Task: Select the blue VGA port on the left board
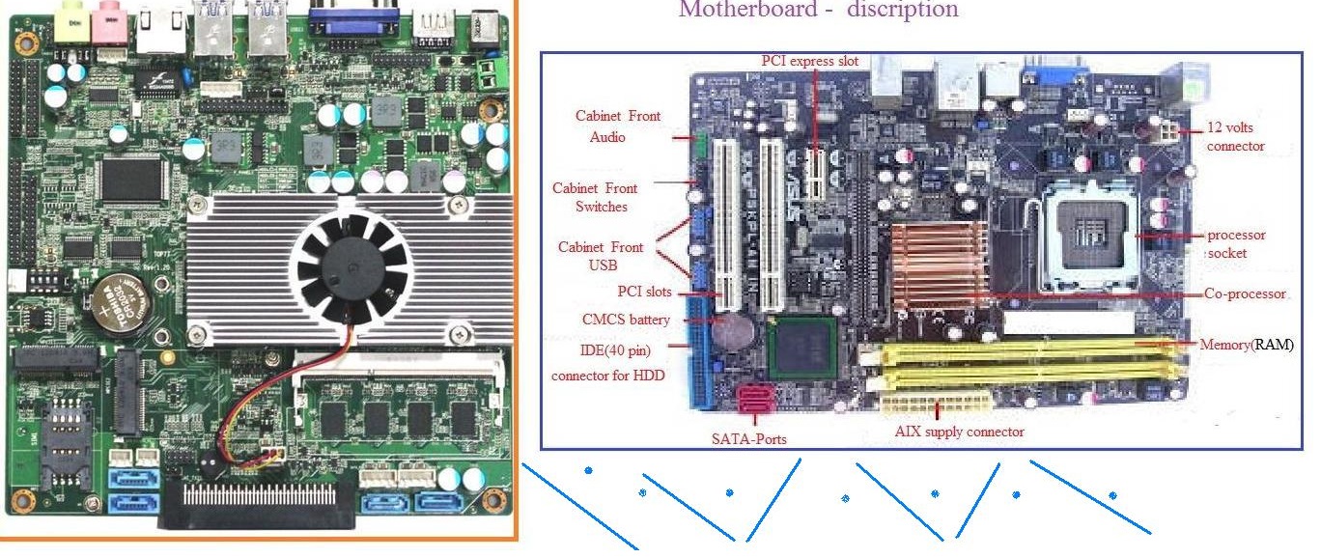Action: click(x=352, y=21)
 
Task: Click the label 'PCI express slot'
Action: click(x=809, y=62)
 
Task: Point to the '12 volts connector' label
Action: click(x=1235, y=136)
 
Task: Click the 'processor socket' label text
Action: click(x=1235, y=243)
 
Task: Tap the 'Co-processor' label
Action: click(x=1245, y=293)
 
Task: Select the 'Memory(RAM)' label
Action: click(x=1246, y=345)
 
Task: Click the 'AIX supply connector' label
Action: click(x=959, y=432)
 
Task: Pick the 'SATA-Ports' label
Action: click(x=747, y=439)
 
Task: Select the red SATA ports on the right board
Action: click(x=753, y=398)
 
